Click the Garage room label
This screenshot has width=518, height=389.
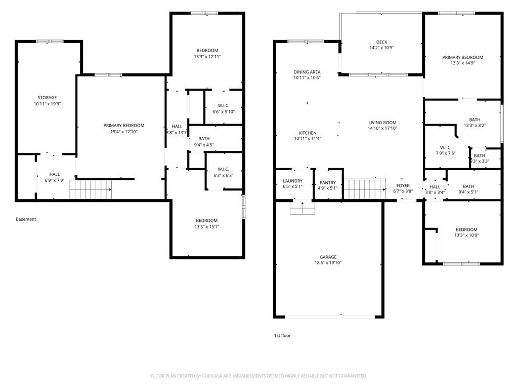click(x=328, y=257)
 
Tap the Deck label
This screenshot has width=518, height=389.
click(x=381, y=42)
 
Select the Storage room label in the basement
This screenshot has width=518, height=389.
click(x=47, y=98)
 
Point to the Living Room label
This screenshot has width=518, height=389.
click(x=382, y=123)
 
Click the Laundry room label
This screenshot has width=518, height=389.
click(x=293, y=181)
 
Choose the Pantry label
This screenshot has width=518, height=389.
click(x=328, y=182)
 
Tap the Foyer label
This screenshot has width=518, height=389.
click(x=403, y=185)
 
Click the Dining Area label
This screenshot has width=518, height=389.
click(x=307, y=72)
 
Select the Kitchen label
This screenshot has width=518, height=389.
click(x=308, y=133)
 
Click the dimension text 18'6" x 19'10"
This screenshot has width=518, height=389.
click(x=328, y=263)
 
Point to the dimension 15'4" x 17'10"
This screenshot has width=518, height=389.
click(x=124, y=132)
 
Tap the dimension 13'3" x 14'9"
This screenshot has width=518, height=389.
click(x=462, y=63)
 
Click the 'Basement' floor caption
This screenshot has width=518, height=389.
click(x=26, y=219)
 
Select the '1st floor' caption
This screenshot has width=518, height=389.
click(x=282, y=335)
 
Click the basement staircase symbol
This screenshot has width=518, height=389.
click(x=91, y=189)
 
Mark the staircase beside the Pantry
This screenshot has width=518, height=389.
click(x=365, y=189)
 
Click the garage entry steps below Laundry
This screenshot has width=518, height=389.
click(x=303, y=208)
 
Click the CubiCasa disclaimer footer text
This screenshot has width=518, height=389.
click(x=259, y=376)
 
